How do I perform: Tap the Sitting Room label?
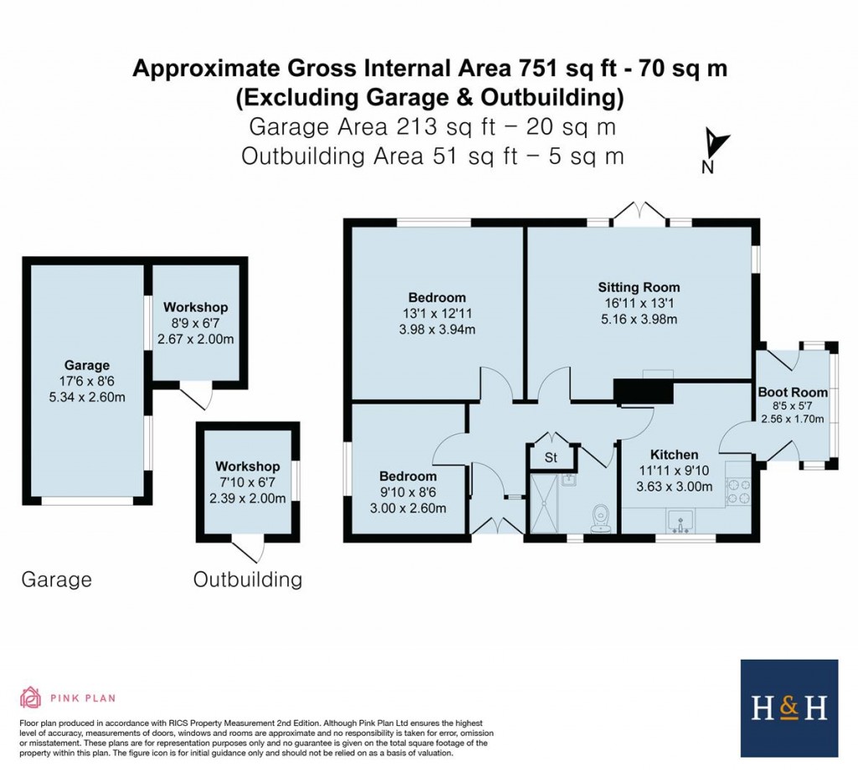[638, 287]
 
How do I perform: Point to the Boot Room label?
[793, 392]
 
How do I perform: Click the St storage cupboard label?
[550, 458]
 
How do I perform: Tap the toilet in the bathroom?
[600, 519]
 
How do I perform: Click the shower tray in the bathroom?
[549, 503]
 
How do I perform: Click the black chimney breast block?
[644, 392]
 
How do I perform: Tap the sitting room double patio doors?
[639, 214]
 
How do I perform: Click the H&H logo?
[789, 708]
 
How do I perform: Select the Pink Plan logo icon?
[31, 697]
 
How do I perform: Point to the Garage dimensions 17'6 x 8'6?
[87, 381]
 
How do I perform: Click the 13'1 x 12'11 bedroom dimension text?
[437, 313]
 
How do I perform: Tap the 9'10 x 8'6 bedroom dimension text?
[411, 492]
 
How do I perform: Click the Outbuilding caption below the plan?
[247, 579]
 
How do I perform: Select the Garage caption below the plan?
[56, 579]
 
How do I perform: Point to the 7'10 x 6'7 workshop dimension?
[246, 481]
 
